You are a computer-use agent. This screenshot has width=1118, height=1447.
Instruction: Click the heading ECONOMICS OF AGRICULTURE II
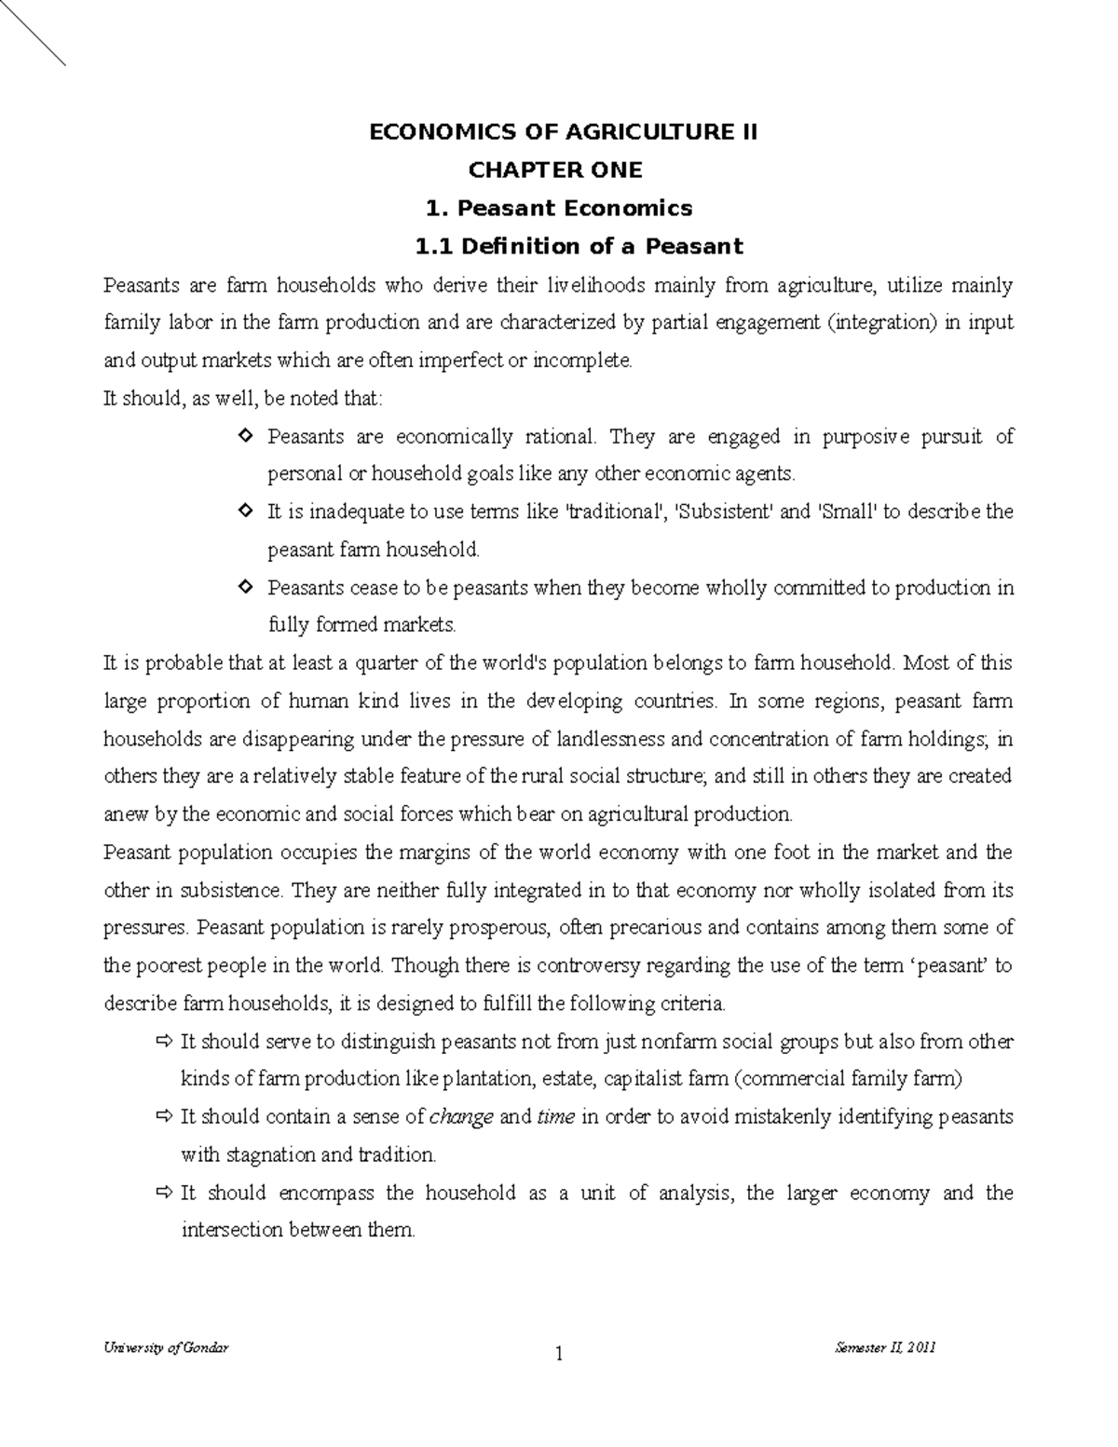564,132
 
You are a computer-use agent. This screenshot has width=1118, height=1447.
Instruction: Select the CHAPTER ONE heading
555,171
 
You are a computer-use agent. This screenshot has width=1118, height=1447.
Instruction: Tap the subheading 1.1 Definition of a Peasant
579,247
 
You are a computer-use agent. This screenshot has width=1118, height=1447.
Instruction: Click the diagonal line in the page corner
33,33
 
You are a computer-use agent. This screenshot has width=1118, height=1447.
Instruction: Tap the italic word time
556,1117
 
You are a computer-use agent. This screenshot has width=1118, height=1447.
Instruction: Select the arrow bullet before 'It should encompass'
166,1193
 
